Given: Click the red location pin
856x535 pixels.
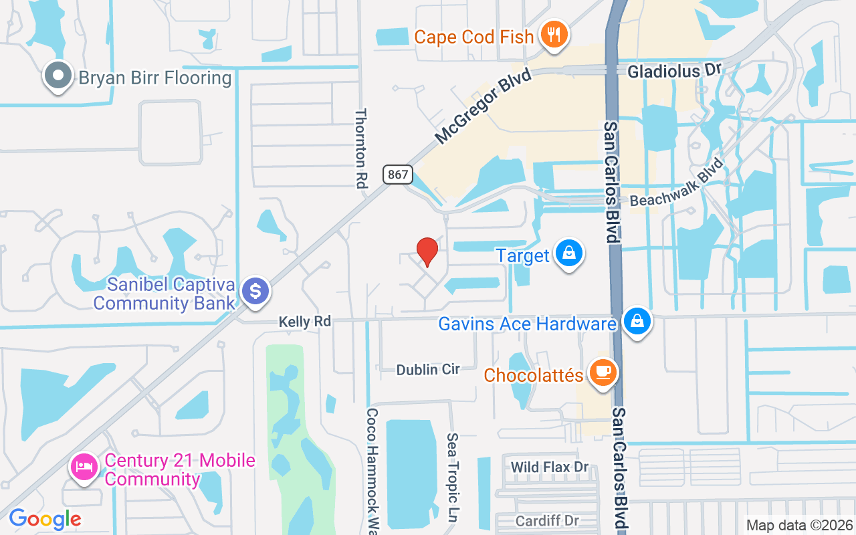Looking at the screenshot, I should tap(427, 251).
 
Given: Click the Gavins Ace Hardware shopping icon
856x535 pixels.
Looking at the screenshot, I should tap(638, 322).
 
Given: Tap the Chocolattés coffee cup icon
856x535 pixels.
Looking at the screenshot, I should tap(603, 372).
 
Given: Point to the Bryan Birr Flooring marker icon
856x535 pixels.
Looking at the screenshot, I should tap(58, 76).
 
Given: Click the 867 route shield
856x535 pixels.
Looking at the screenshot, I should tap(397, 175).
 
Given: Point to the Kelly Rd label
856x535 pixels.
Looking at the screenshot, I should tap(305, 322).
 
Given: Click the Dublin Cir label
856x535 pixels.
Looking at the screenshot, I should tap(428, 369).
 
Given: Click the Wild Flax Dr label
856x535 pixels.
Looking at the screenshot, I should tap(549, 466).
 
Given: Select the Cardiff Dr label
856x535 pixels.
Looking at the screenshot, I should tap(547, 520).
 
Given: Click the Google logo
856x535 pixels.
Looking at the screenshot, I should tap(45, 518).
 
